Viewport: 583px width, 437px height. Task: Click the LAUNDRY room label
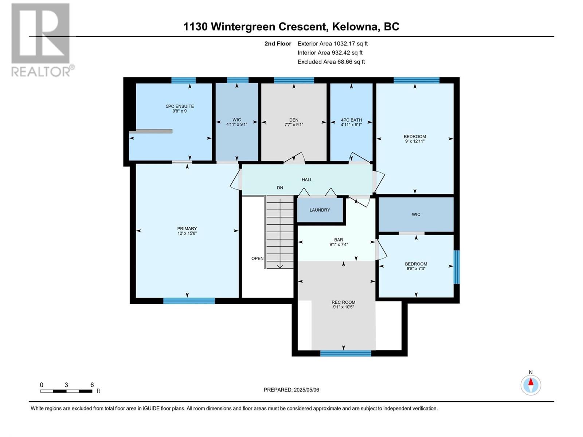(320, 210)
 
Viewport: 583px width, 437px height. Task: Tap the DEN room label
(294, 120)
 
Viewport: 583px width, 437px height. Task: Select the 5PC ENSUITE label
(180, 106)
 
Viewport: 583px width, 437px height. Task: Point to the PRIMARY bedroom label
(187, 228)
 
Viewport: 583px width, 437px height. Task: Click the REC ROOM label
(343, 302)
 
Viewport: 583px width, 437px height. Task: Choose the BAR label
(339, 240)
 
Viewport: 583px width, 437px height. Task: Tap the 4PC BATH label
(351, 120)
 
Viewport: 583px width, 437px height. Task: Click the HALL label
(307, 180)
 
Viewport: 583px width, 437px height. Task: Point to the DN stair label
(280, 188)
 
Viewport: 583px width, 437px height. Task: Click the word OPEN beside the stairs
(257, 259)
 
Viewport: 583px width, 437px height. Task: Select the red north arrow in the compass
(531, 382)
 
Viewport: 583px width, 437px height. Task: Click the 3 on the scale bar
(66, 385)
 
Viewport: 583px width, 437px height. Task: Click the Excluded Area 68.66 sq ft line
(331, 62)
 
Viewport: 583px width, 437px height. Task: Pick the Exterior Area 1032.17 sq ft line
(333, 43)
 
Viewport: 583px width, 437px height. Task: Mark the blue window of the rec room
(345, 353)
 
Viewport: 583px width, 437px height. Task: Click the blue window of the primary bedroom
(189, 301)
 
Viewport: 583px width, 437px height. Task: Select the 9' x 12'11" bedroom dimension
(415, 141)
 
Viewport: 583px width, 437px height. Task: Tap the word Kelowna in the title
(355, 27)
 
